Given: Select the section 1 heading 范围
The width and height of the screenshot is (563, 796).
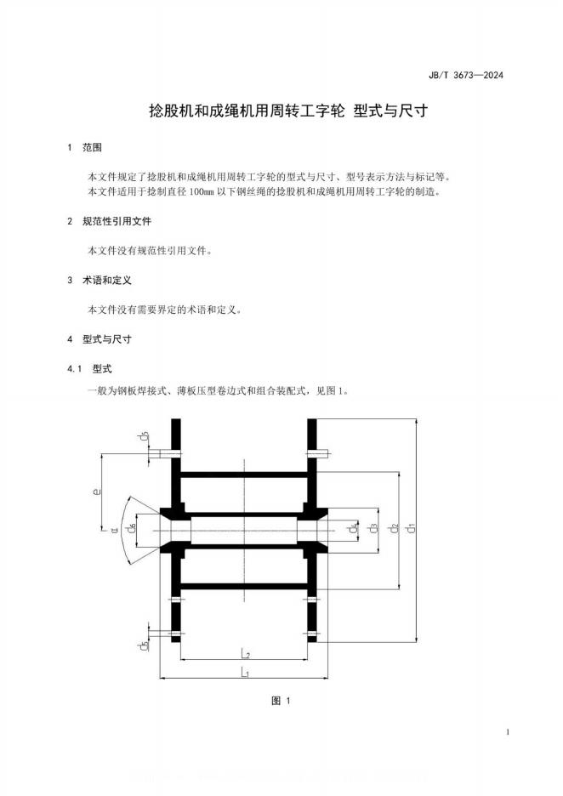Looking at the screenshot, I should [x=92, y=148].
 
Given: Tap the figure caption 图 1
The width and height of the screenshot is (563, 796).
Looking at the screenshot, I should [x=281, y=701].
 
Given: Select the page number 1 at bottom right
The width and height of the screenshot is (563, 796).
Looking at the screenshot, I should [x=507, y=732].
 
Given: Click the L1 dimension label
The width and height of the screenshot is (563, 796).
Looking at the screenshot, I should [x=244, y=673].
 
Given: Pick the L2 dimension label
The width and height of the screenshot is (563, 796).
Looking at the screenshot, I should [x=244, y=653].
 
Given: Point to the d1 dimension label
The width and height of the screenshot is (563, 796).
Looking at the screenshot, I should [x=411, y=528].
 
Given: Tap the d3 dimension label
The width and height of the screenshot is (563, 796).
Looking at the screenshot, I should [x=372, y=528].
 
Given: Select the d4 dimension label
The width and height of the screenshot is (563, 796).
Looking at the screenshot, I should [x=353, y=528].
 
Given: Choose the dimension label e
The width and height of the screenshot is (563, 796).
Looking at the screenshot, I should [x=98, y=491].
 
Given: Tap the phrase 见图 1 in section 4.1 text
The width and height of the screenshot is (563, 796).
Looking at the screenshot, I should [x=327, y=391].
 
